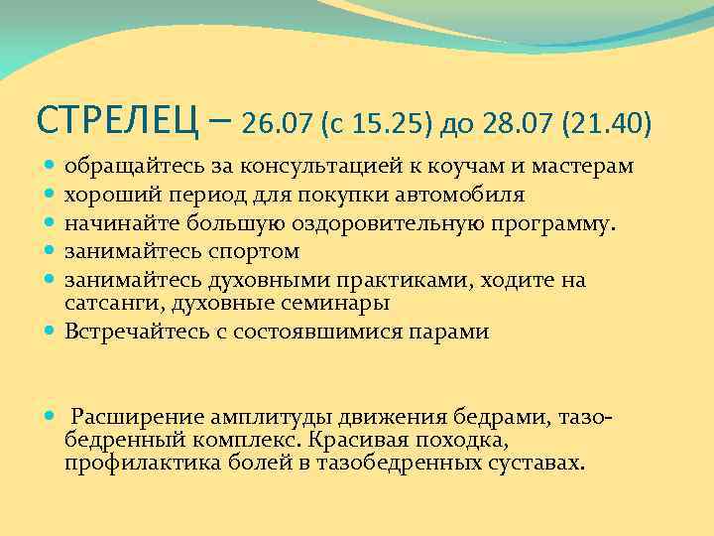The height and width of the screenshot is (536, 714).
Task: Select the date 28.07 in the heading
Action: tap(520, 124)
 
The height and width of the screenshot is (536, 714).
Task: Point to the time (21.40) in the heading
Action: tap(607, 124)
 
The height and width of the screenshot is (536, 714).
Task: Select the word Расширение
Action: tap(134, 416)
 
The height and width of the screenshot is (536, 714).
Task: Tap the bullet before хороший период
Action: tap(51, 195)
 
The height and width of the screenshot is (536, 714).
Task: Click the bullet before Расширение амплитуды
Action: tap(51, 417)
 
